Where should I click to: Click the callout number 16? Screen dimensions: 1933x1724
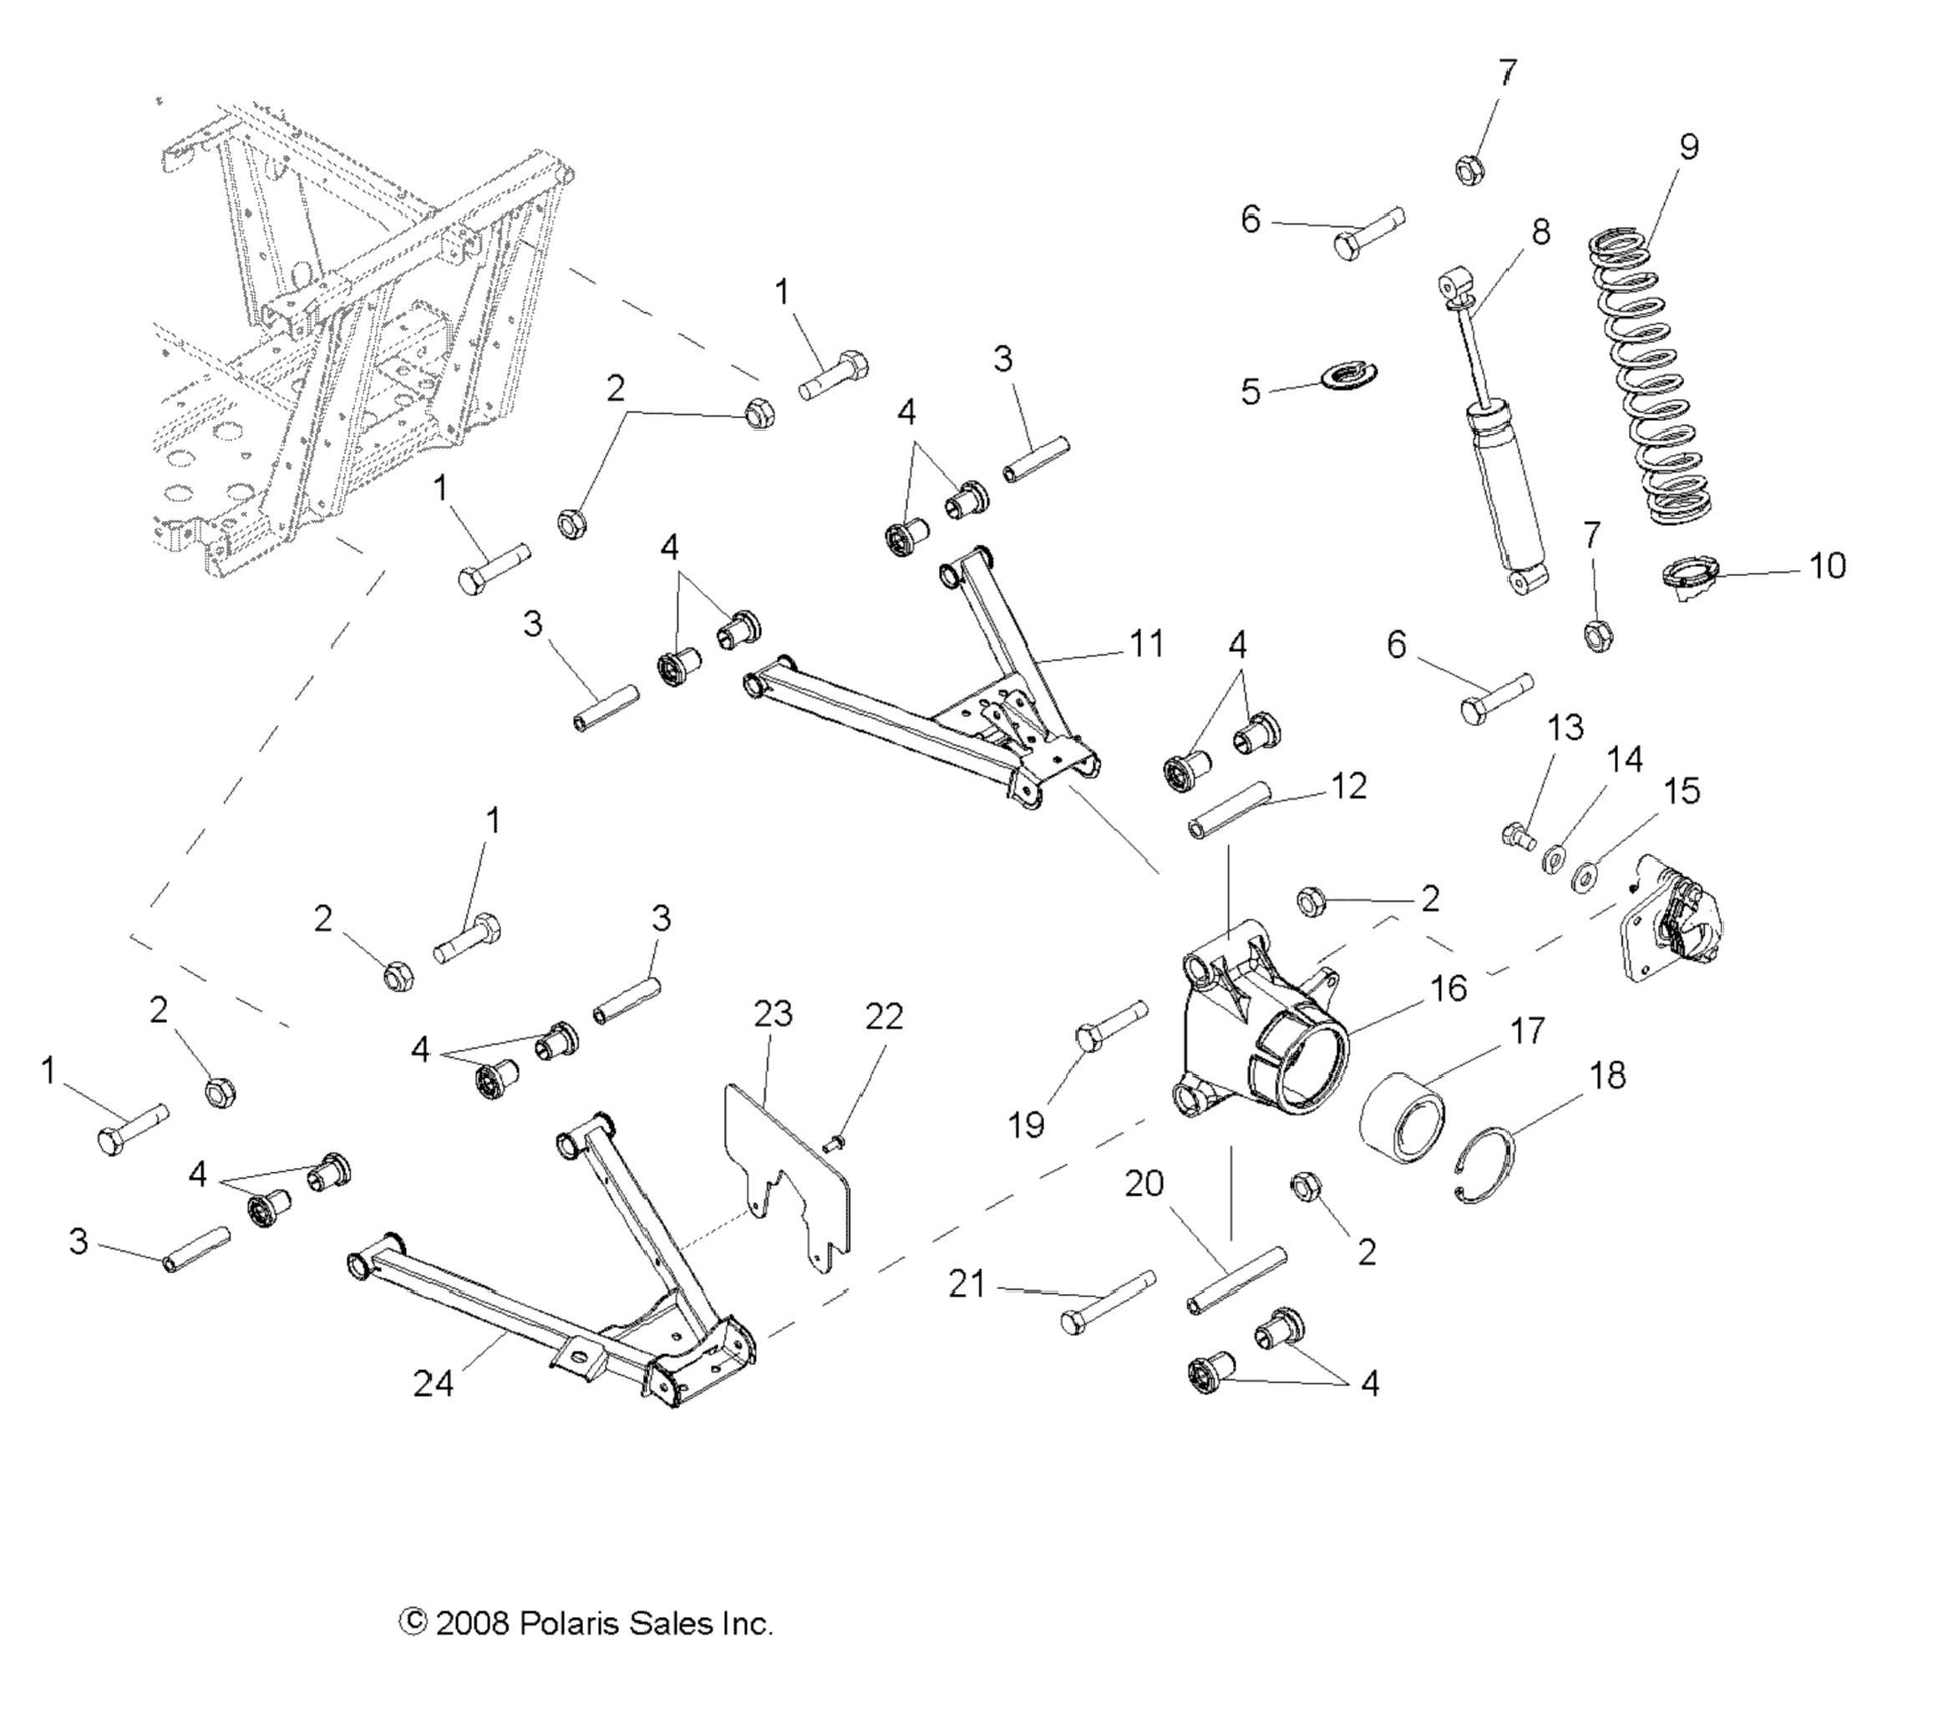pos(1448,988)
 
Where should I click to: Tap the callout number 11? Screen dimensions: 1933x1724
pos(1147,645)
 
